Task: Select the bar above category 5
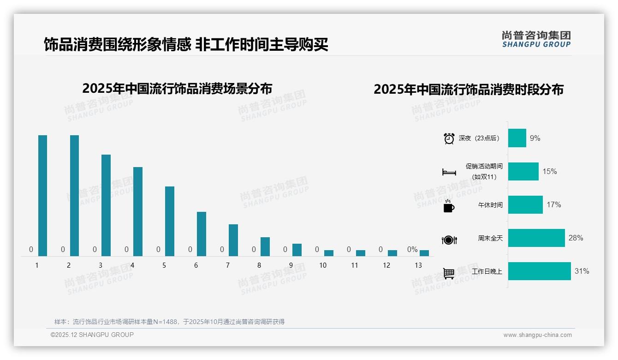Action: pos(170,221)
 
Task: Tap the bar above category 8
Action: pos(265,246)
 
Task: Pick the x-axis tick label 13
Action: pos(418,265)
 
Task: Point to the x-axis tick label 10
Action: pos(323,265)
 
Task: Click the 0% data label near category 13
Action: pos(412,250)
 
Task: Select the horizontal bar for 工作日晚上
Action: pos(540,271)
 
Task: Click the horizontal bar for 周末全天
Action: pos(536,238)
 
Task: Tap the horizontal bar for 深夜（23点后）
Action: pos(517,138)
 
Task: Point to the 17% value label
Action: pos(554,204)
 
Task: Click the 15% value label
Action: pos(550,171)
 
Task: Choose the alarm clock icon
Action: pos(449,138)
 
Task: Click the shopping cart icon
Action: pos(449,273)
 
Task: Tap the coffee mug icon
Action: pos(449,206)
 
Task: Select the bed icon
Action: pos(449,172)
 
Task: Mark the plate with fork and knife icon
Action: pos(449,240)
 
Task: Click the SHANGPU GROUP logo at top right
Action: pos(536,39)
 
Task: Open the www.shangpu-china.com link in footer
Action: pos(537,335)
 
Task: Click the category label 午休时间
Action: pos(490,205)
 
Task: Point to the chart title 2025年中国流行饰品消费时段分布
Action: pos(469,90)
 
